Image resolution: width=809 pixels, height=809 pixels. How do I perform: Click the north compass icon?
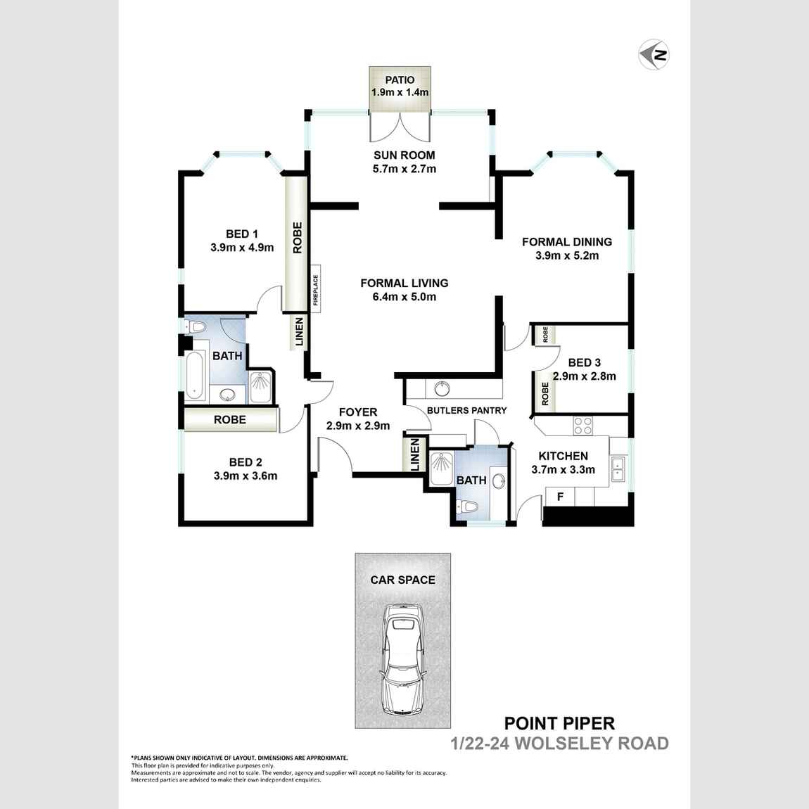point(654,54)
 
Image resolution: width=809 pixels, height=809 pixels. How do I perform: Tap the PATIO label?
point(400,79)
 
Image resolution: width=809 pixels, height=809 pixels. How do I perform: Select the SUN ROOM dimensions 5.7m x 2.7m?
point(404,169)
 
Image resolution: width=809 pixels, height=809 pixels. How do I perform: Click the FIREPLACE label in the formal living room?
point(316,288)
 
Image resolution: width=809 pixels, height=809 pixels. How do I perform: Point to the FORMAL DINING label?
point(566,241)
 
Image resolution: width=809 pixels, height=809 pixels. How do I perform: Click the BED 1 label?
point(241,234)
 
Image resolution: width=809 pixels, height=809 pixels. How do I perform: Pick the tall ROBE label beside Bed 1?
point(297,238)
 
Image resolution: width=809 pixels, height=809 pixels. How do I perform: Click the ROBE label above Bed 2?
point(229,419)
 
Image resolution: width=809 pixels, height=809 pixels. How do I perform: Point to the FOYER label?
point(357,412)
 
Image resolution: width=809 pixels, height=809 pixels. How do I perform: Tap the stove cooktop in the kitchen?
point(582,426)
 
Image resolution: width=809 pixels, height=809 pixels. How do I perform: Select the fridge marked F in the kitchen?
point(560,497)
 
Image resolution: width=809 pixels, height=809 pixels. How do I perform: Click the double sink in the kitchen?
point(618,468)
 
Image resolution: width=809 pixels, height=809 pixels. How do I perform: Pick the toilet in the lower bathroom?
point(467,507)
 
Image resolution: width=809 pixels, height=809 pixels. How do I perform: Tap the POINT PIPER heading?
point(559,722)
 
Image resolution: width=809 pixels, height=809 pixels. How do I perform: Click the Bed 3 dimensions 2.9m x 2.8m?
point(584,376)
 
